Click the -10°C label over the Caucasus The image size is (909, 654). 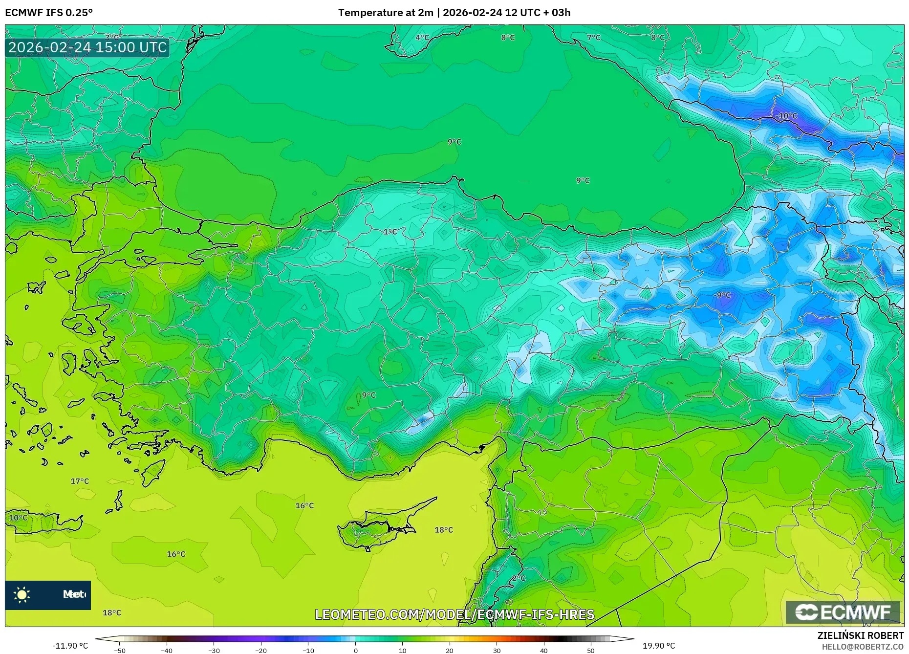(x=786, y=116)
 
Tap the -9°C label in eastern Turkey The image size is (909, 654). (x=722, y=295)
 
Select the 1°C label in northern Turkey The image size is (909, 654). (x=390, y=232)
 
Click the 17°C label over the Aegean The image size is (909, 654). (x=80, y=481)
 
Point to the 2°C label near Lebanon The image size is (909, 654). (x=519, y=578)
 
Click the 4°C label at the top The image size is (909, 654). (x=422, y=38)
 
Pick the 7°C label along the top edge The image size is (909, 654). (x=593, y=38)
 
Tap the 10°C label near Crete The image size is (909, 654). (x=19, y=518)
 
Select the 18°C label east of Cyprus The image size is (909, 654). (x=444, y=530)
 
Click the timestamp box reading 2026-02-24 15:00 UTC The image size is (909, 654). (x=87, y=47)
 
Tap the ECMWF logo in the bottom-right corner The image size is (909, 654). (x=843, y=612)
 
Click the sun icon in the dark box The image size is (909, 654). (x=22, y=595)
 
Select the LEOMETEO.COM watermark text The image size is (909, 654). (x=454, y=614)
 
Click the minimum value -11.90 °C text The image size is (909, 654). (x=70, y=646)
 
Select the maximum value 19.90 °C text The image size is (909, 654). (x=658, y=646)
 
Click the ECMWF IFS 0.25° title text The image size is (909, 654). (x=49, y=12)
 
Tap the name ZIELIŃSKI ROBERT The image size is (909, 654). (x=860, y=635)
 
